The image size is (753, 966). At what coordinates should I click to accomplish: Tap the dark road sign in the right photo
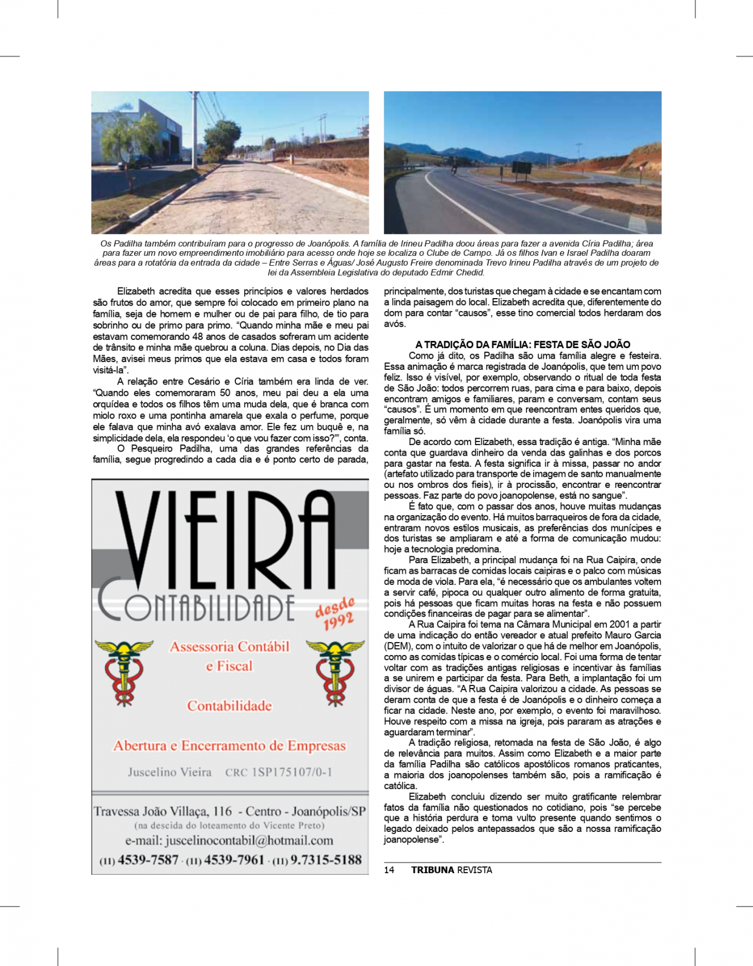(521, 168)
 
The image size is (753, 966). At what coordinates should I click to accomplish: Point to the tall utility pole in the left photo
(195, 129)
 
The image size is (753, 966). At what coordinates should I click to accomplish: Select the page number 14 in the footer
(389, 870)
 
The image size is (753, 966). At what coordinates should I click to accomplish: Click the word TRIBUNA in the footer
(432, 870)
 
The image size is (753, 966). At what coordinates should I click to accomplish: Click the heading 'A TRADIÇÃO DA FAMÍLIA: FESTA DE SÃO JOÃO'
(522, 345)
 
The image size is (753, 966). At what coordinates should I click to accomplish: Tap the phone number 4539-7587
(148, 860)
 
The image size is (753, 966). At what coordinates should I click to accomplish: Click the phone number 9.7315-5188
(326, 860)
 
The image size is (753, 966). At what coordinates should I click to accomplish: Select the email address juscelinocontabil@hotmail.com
(249, 841)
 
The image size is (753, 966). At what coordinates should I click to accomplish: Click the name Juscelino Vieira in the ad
(169, 772)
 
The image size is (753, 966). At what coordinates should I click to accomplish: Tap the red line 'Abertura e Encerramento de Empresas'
(229, 746)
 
